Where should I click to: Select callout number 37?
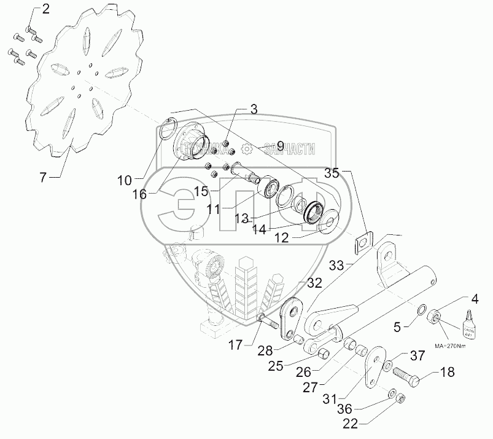click(x=417, y=355)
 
